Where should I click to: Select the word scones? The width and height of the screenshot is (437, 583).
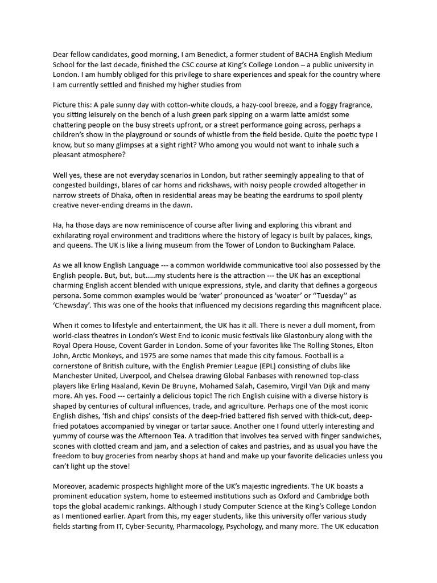[x=67, y=446]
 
